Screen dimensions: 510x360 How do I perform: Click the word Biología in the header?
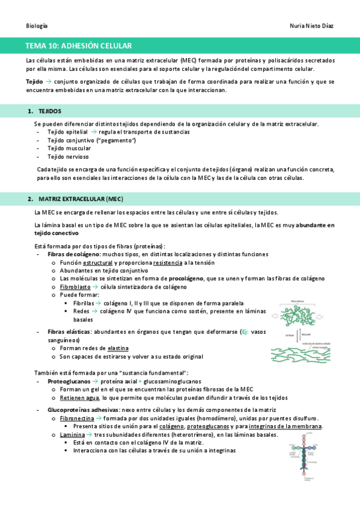[37, 26]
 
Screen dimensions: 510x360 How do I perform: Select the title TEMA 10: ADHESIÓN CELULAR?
[78, 46]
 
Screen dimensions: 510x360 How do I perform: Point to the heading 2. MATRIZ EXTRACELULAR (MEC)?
[81, 198]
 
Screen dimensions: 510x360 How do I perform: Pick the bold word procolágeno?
[186, 278]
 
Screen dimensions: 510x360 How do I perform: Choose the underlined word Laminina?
[72, 434]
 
